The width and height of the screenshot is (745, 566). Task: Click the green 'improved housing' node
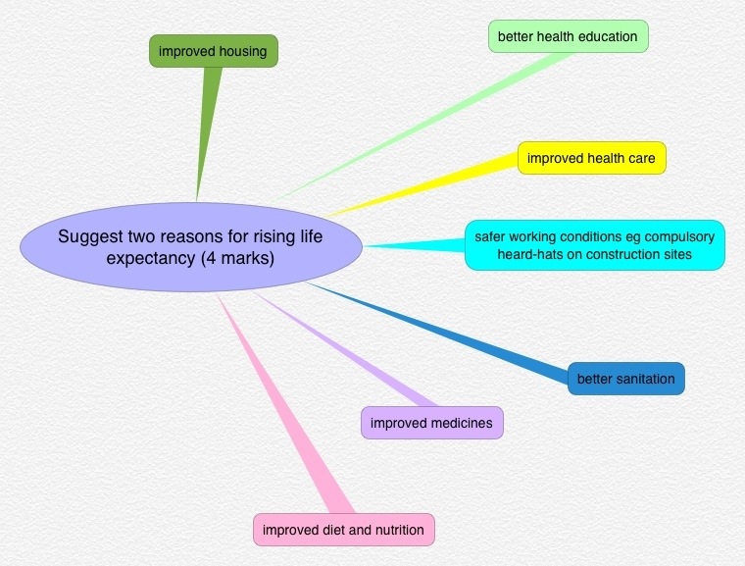point(214,51)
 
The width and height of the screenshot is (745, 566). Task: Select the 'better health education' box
point(568,37)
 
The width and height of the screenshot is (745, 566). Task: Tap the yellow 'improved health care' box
point(591,158)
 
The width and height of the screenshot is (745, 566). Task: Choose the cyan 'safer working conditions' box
point(595,245)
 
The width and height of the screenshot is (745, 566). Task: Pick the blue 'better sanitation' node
point(625,379)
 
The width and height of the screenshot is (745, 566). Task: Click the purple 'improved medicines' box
point(432,423)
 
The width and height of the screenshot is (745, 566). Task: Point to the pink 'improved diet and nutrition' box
point(344,530)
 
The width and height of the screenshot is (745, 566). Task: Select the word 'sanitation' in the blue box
point(644,379)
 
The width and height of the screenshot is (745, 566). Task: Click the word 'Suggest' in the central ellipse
point(86,236)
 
